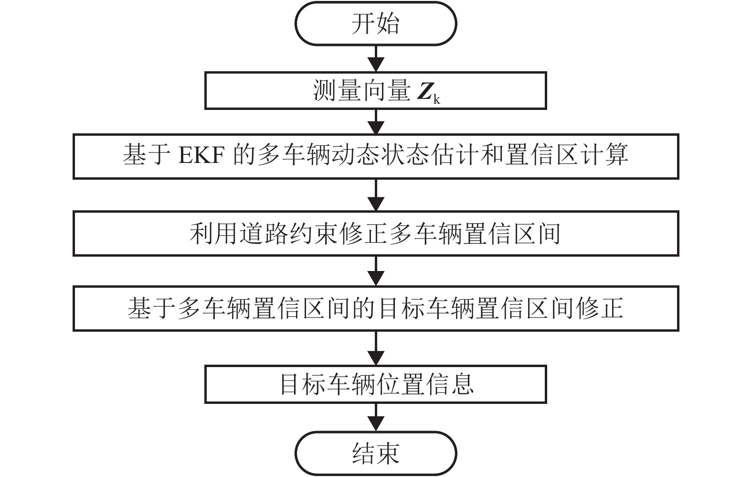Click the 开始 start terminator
tap(376, 24)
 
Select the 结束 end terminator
tap(376, 453)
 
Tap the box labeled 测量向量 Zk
tap(376, 90)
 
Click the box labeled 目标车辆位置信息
tap(376, 384)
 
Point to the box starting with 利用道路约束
tap(376, 234)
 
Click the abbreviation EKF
tap(201, 156)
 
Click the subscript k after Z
tap(437, 99)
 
